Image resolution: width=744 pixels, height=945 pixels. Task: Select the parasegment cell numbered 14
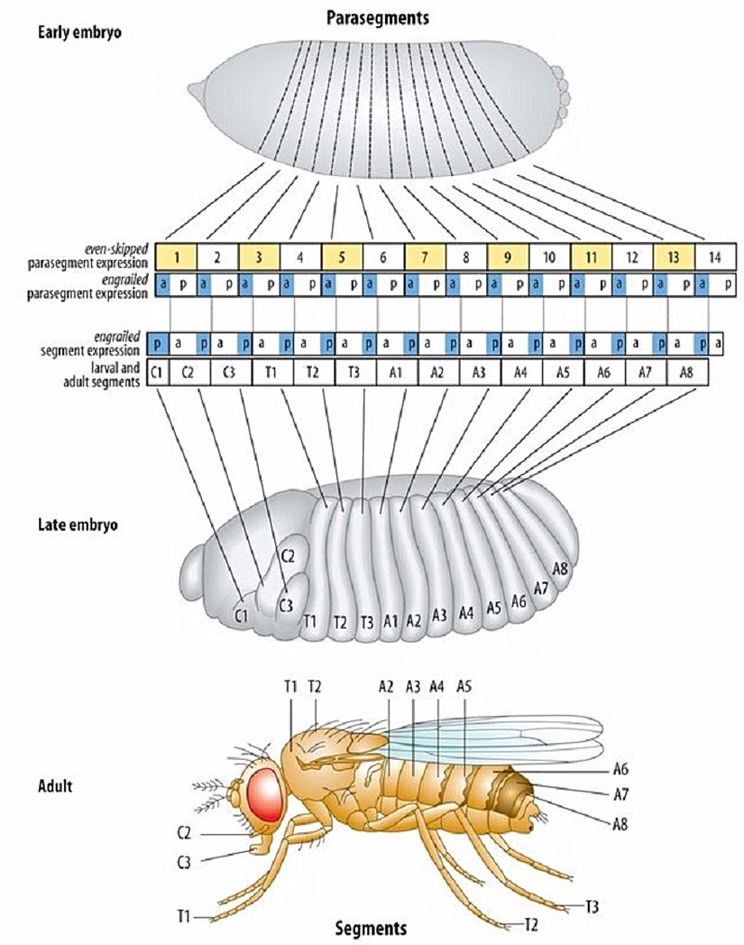[714, 256]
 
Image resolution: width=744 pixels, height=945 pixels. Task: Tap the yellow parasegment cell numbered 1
[178, 256]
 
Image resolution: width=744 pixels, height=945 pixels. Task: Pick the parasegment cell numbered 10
[549, 256]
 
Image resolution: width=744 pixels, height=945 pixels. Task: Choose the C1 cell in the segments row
[156, 373]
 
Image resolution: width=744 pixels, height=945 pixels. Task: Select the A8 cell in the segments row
[687, 373]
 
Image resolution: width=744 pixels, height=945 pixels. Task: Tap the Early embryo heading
[79, 33]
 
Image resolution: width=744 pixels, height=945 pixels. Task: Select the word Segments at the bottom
[371, 928]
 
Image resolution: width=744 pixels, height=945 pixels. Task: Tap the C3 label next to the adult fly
[183, 863]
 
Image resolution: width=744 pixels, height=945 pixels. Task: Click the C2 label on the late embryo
[289, 556]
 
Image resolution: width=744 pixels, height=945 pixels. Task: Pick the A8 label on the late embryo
[560, 570]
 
